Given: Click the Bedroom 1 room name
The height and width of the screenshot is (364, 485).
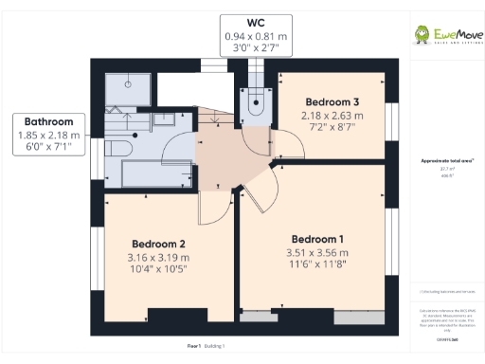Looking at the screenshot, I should (317, 238).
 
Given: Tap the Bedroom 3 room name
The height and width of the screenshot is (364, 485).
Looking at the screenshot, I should (331, 101).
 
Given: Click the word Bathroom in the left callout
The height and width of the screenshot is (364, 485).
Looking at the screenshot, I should (48, 121).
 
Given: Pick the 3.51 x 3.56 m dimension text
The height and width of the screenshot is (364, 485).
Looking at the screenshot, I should (317, 253).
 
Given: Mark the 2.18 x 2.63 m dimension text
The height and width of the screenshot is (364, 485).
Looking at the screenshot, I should (331, 116).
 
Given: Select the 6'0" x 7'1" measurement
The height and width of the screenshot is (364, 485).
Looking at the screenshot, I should (48, 148).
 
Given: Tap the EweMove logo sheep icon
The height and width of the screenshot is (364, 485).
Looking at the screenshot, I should (422, 36).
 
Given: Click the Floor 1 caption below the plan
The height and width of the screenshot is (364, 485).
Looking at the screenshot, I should (193, 347).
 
